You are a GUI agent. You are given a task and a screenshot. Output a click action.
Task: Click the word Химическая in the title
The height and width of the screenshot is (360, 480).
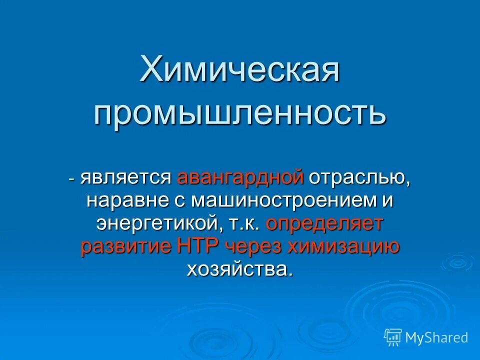tap(240, 69)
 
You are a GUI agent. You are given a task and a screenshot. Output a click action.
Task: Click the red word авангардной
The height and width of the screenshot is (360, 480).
tap(240, 177)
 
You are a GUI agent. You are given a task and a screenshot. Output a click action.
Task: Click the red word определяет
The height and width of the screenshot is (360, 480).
tap(324, 223)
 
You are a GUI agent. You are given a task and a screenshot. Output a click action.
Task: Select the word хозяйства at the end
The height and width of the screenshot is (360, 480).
tap(238, 269)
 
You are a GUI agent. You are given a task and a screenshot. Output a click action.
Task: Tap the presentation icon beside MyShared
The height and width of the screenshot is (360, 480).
tap(393, 337)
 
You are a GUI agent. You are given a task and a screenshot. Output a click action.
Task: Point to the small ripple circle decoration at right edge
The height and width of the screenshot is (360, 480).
tap(457, 262)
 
